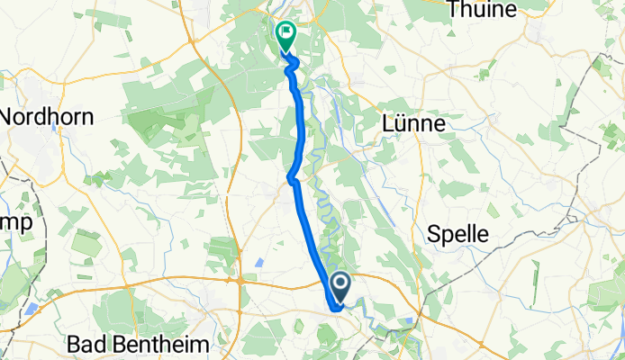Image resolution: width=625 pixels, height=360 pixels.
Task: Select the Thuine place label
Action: (485, 10)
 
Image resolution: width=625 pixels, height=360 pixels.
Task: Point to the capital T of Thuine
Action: (456, 10)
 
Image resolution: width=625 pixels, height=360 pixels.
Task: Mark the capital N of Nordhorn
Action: (9, 117)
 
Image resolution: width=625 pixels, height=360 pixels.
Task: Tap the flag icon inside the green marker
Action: (286, 35)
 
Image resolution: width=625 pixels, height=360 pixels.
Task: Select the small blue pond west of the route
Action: (259, 262)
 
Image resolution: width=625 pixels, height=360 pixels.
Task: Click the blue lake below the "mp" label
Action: (32, 308)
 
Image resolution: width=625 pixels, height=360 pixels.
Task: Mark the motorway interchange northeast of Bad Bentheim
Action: (241, 281)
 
